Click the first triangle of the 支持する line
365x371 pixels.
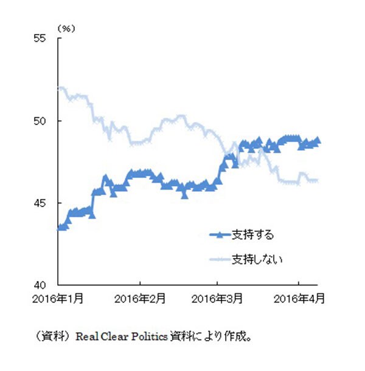(x=59, y=228)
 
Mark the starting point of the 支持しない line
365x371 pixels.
(x=59, y=88)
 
